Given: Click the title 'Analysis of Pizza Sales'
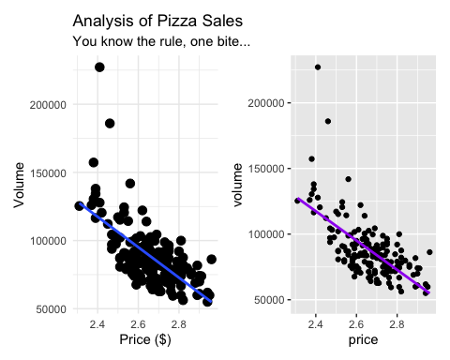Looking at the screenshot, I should click(154, 20).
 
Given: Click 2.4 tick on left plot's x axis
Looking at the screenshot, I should click(97, 325).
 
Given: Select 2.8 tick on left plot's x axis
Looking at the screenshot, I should click(177, 325).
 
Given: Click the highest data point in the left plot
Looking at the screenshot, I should click(99, 67).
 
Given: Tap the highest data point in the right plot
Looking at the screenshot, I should click(318, 67).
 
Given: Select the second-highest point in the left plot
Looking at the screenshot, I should click(110, 123).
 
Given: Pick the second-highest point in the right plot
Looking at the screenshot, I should click(328, 121).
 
